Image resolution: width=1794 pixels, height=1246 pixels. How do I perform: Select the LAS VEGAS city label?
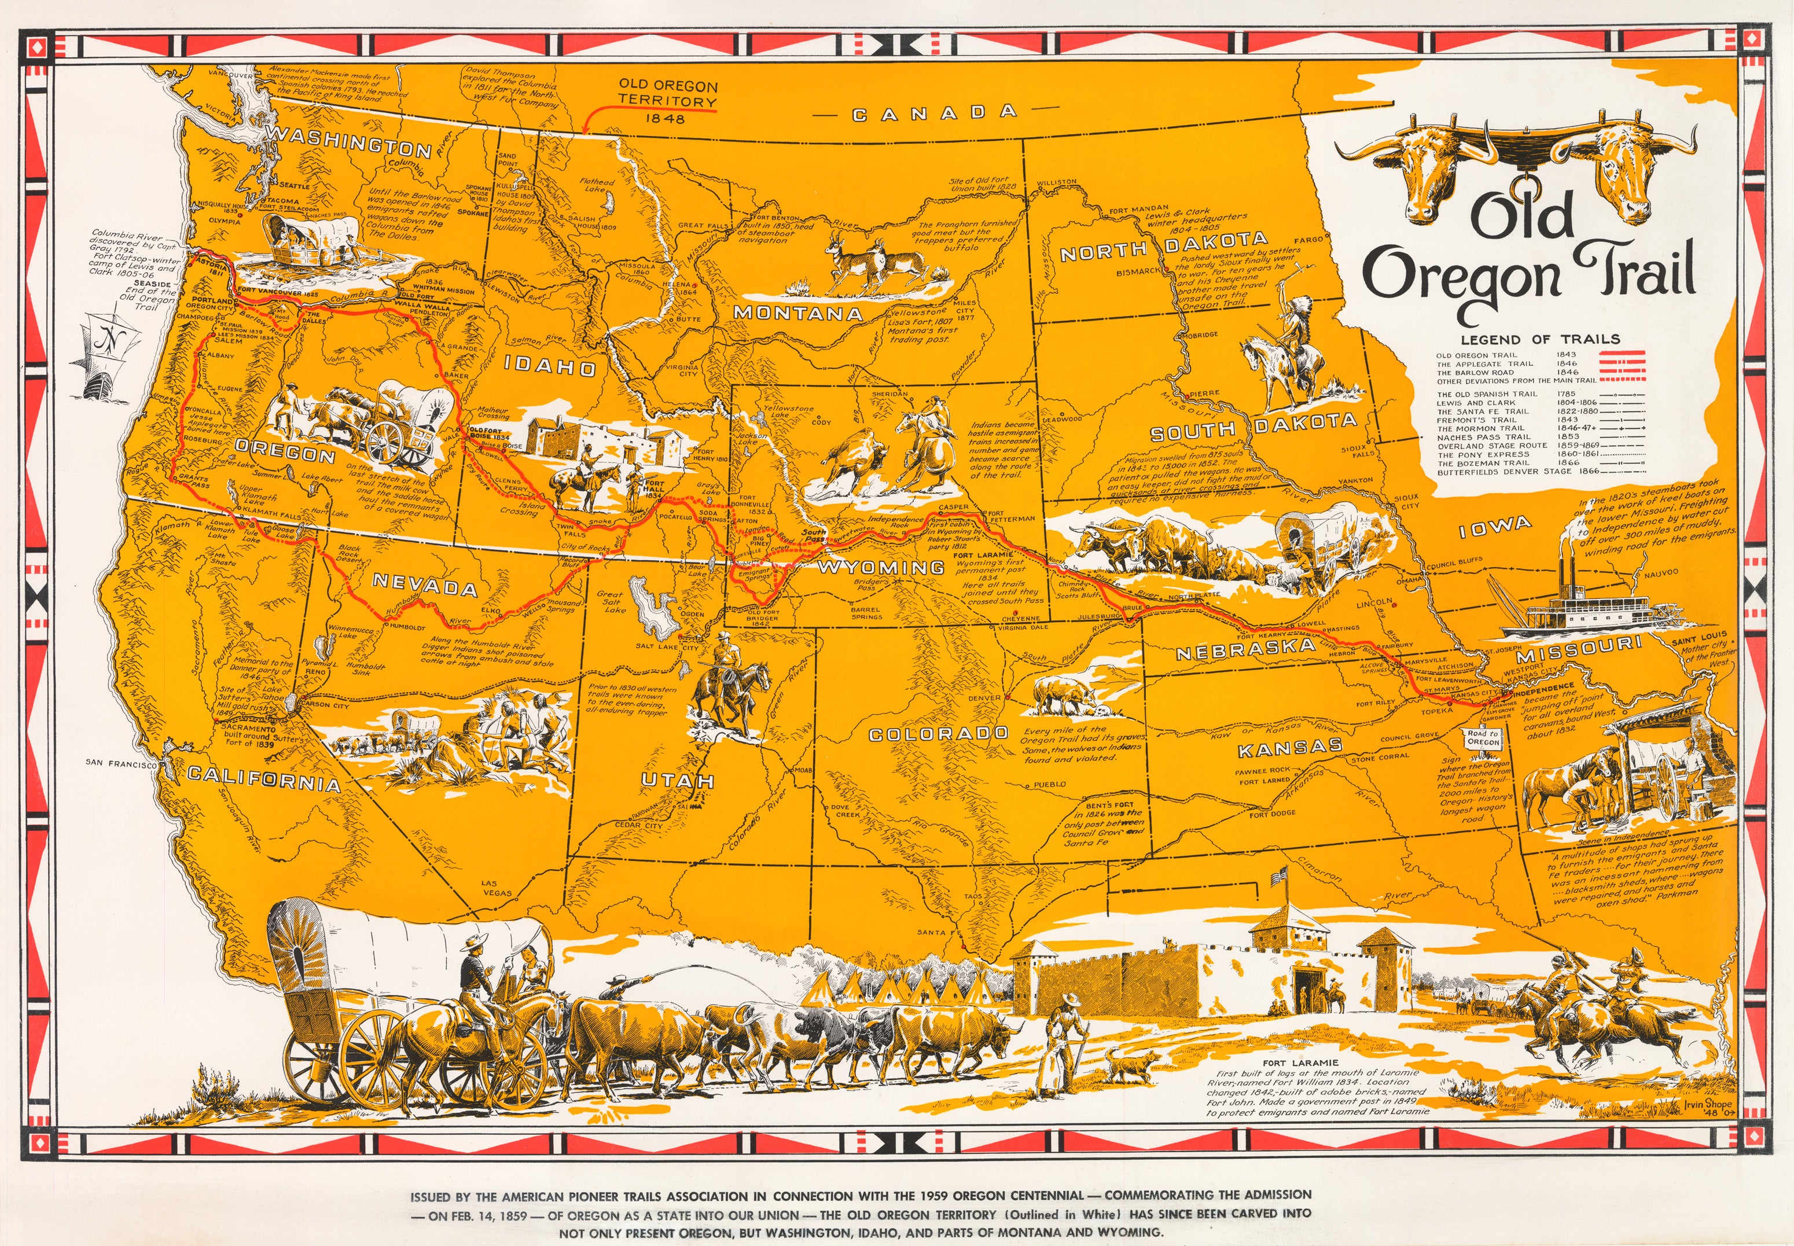coord(497,888)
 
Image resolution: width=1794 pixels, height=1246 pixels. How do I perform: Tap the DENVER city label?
coord(984,698)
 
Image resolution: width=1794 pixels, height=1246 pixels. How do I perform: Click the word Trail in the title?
coord(1635,269)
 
